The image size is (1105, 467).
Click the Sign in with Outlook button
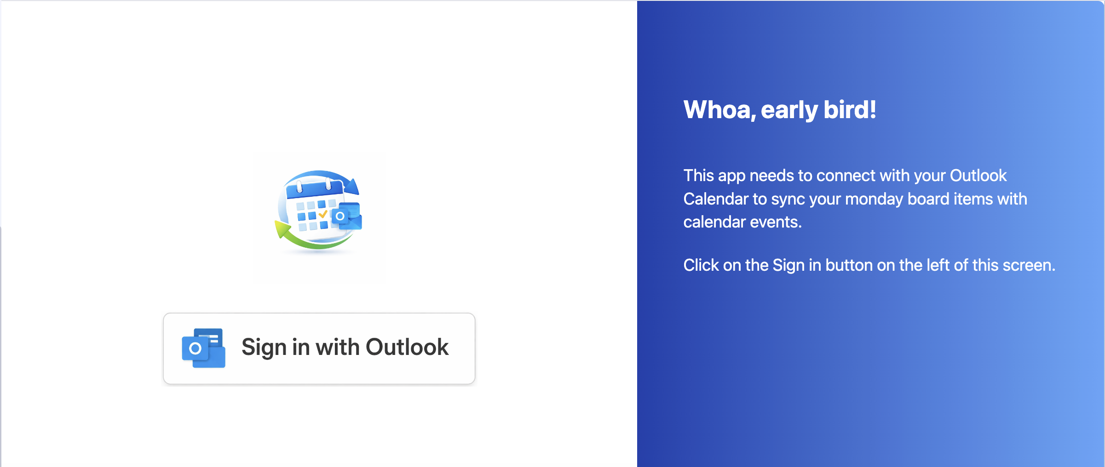pos(319,348)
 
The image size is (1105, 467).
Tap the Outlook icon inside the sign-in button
pos(203,348)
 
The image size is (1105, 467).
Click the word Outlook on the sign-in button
pos(407,347)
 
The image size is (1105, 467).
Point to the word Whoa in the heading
pos(719,110)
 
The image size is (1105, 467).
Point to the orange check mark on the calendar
pos(323,214)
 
